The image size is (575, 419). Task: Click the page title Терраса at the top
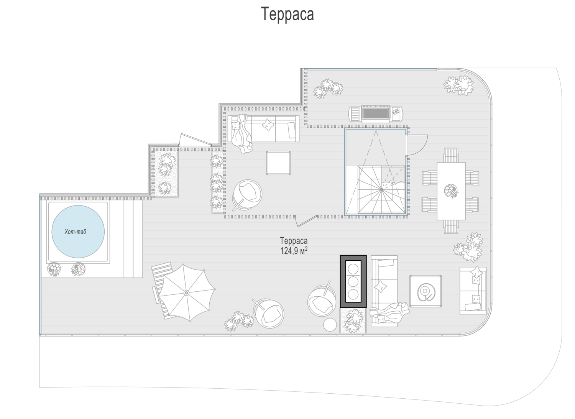287,14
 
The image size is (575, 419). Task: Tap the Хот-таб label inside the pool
75,232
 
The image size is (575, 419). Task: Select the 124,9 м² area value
294,251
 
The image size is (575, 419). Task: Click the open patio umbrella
187,292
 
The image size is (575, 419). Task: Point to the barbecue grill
376,114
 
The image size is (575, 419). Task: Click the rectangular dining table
451,191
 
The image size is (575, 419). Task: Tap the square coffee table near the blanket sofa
278,163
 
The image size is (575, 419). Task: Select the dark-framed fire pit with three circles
353,281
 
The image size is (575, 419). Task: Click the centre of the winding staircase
381,190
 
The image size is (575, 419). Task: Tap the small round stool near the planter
330,325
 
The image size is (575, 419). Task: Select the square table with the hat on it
426,291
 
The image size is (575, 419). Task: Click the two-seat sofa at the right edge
473,291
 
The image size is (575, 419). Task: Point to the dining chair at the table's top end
451,155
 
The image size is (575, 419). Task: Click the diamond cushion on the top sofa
268,125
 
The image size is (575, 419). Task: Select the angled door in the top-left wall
195,140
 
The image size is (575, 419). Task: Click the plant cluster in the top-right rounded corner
459,85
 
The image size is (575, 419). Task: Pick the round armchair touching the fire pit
322,301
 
